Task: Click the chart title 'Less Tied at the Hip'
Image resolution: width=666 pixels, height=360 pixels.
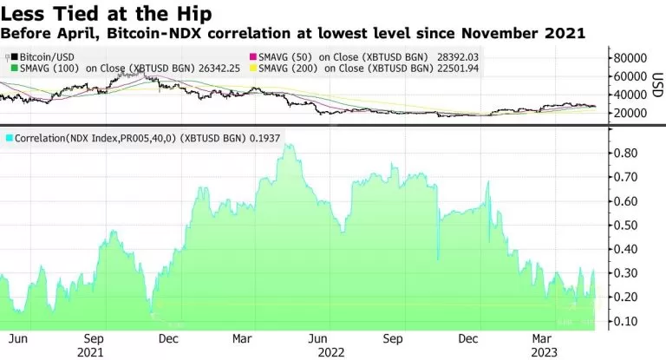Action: (x=105, y=14)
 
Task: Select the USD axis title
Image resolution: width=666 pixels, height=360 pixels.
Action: (x=657, y=85)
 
